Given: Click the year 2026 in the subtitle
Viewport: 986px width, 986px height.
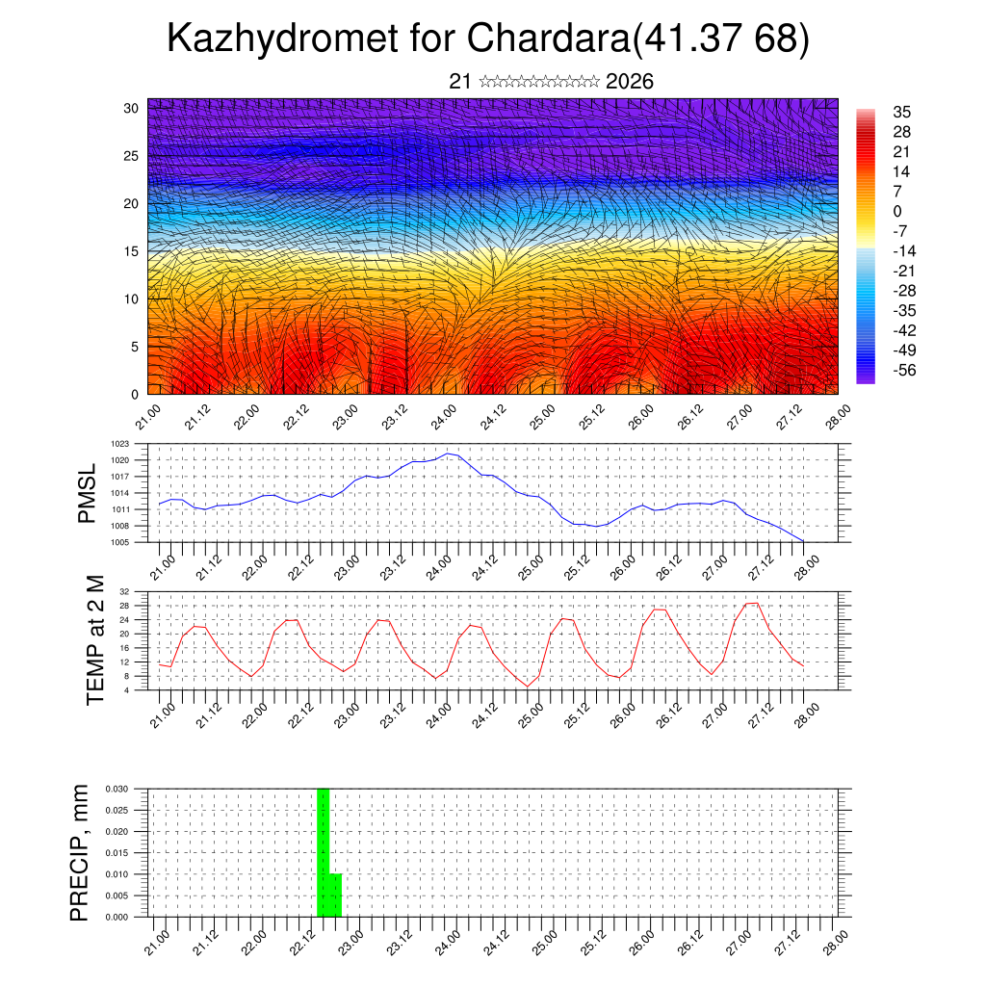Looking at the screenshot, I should [630, 82].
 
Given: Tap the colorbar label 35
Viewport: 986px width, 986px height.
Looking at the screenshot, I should [902, 112].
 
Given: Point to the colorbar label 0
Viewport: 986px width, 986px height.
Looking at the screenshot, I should [897, 211].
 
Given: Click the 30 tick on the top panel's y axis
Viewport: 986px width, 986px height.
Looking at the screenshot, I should [131, 108].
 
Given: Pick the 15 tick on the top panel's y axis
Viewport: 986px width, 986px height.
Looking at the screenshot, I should [131, 251].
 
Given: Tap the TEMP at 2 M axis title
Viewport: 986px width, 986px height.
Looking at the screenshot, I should [95, 640].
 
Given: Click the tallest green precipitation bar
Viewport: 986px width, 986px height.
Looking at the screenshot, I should [324, 852].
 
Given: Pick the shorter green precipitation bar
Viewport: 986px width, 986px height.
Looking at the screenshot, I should [336, 895].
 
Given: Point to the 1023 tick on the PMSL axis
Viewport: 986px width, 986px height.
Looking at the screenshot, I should [120, 444].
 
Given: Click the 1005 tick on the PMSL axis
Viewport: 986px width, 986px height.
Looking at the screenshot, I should [120, 542].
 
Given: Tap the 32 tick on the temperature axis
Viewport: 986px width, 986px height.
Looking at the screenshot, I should [125, 591].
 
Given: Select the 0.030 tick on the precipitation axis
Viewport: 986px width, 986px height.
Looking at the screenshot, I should [117, 789].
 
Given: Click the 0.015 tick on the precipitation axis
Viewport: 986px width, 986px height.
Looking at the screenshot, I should [117, 853].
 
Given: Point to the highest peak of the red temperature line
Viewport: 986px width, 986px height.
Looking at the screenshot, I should [752, 603].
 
